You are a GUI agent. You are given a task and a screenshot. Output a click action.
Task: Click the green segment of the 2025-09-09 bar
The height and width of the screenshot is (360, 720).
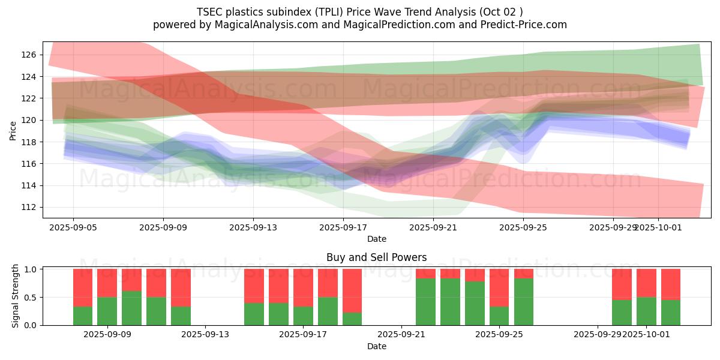click(x=107, y=311)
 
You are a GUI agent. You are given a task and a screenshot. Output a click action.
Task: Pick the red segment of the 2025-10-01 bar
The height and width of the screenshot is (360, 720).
click(x=646, y=283)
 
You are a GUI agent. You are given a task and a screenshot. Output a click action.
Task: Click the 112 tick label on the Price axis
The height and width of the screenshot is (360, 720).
click(x=29, y=207)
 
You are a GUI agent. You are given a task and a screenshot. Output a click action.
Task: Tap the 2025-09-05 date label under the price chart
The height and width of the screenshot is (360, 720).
click(x=73, y=227)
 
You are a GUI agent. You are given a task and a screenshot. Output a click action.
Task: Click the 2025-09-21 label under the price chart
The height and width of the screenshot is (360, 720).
click(x=433, y=227)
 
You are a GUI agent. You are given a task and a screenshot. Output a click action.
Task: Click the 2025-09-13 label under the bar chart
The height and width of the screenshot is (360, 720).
click(x=205, y=335)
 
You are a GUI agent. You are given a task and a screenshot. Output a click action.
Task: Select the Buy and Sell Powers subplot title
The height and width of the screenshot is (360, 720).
click(x=376, y=257)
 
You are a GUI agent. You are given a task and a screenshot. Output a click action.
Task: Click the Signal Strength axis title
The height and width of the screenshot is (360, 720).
click(x=16, y=296)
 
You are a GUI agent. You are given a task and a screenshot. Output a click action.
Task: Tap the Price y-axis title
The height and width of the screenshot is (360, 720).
click(x=13, y=130)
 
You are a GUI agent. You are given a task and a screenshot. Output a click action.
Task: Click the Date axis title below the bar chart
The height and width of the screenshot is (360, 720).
click(x=376, y=346)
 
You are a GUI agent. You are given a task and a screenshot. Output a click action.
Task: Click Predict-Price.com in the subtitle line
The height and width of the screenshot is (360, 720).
click(x=518, y=25)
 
